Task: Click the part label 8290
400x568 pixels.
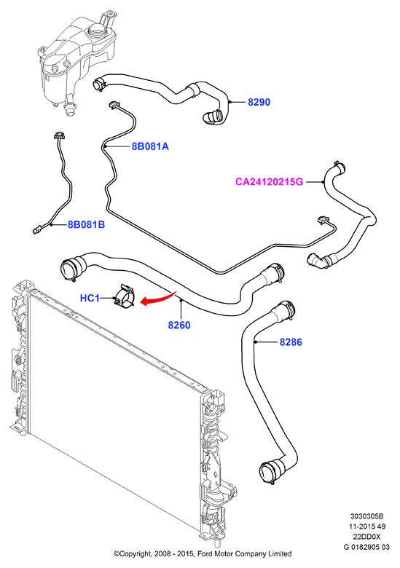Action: click(x=259, y=102)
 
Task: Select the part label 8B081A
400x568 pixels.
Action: click(x=150, y=146)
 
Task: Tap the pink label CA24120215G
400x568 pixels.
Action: click(x=269, y=181)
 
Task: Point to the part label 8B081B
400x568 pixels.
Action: click(x=86, y=224)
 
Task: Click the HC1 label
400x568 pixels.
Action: click(x=89, y=298)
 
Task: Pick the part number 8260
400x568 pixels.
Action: click(x=179, y=325)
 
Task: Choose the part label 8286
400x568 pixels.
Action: click(x=291, y=342)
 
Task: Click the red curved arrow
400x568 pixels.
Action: click(x=160, y=298)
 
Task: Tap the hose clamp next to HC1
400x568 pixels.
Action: click(x=124, y=297)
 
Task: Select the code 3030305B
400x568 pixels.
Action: click(x=366, y=516)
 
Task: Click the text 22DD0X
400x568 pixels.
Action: click(x=366, y=537)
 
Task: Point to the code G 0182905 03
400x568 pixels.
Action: click(x=366, y=547)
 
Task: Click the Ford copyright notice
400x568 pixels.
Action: click(x=203, y=553)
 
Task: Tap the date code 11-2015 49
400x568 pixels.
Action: click(x=366, y=526)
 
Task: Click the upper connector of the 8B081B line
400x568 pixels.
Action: click(x=58, y=135)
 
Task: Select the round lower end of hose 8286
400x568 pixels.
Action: click(x=269, y=472)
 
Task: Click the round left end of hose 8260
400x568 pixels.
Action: click(x=69, y=269)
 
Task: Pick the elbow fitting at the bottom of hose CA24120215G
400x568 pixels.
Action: click(x=316, y=261)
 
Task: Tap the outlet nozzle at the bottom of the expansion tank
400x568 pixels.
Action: click(x=68, y=109)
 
